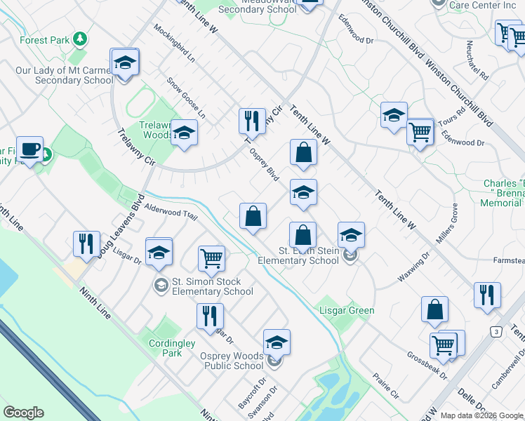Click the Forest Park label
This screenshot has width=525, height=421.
coord(44,41)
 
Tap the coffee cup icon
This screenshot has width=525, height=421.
coord(29,149)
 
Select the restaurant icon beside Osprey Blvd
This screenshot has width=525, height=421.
coord(251,121)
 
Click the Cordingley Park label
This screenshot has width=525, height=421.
coord(166,348)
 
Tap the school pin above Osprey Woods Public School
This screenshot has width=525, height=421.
coord(277,343)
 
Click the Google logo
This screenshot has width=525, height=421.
coord(23,413)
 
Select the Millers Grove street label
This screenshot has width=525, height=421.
coord(447,225)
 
